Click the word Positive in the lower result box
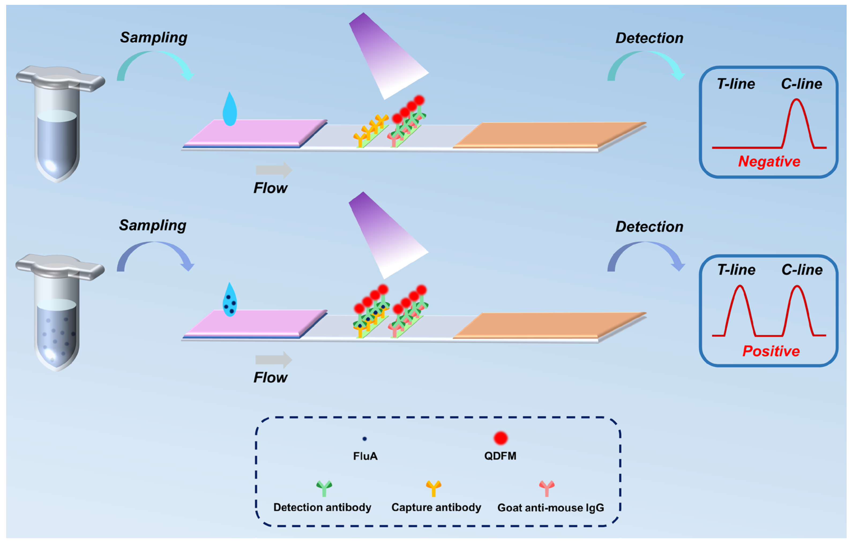coord(771,351)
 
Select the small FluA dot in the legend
coord(364,439)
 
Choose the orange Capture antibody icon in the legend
coord(434,488)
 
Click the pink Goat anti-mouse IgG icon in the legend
coord(547,488)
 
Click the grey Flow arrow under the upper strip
coord(274,170)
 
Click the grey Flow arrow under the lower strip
coord(274,360)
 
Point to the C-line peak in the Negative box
coord(797,101)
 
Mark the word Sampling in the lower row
coord(152,225)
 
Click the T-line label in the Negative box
coord(736,84)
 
